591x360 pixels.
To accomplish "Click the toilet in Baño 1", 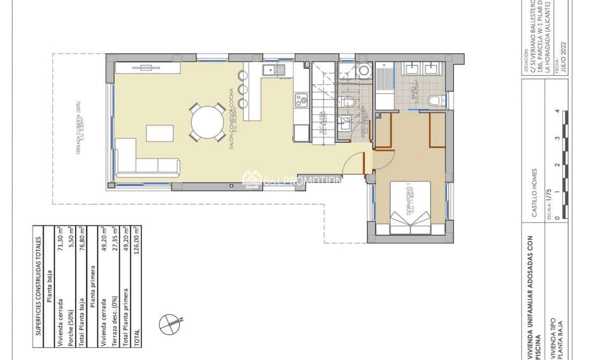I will click(435, 100).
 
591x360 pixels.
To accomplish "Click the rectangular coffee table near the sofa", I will click(160, 133).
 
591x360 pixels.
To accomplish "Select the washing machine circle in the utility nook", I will click(363, 70).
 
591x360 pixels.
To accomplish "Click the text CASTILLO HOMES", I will click(535, 199).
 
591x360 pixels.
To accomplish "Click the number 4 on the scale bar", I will click(558, 112).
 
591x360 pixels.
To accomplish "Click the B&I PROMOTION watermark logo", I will click(293, 180).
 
